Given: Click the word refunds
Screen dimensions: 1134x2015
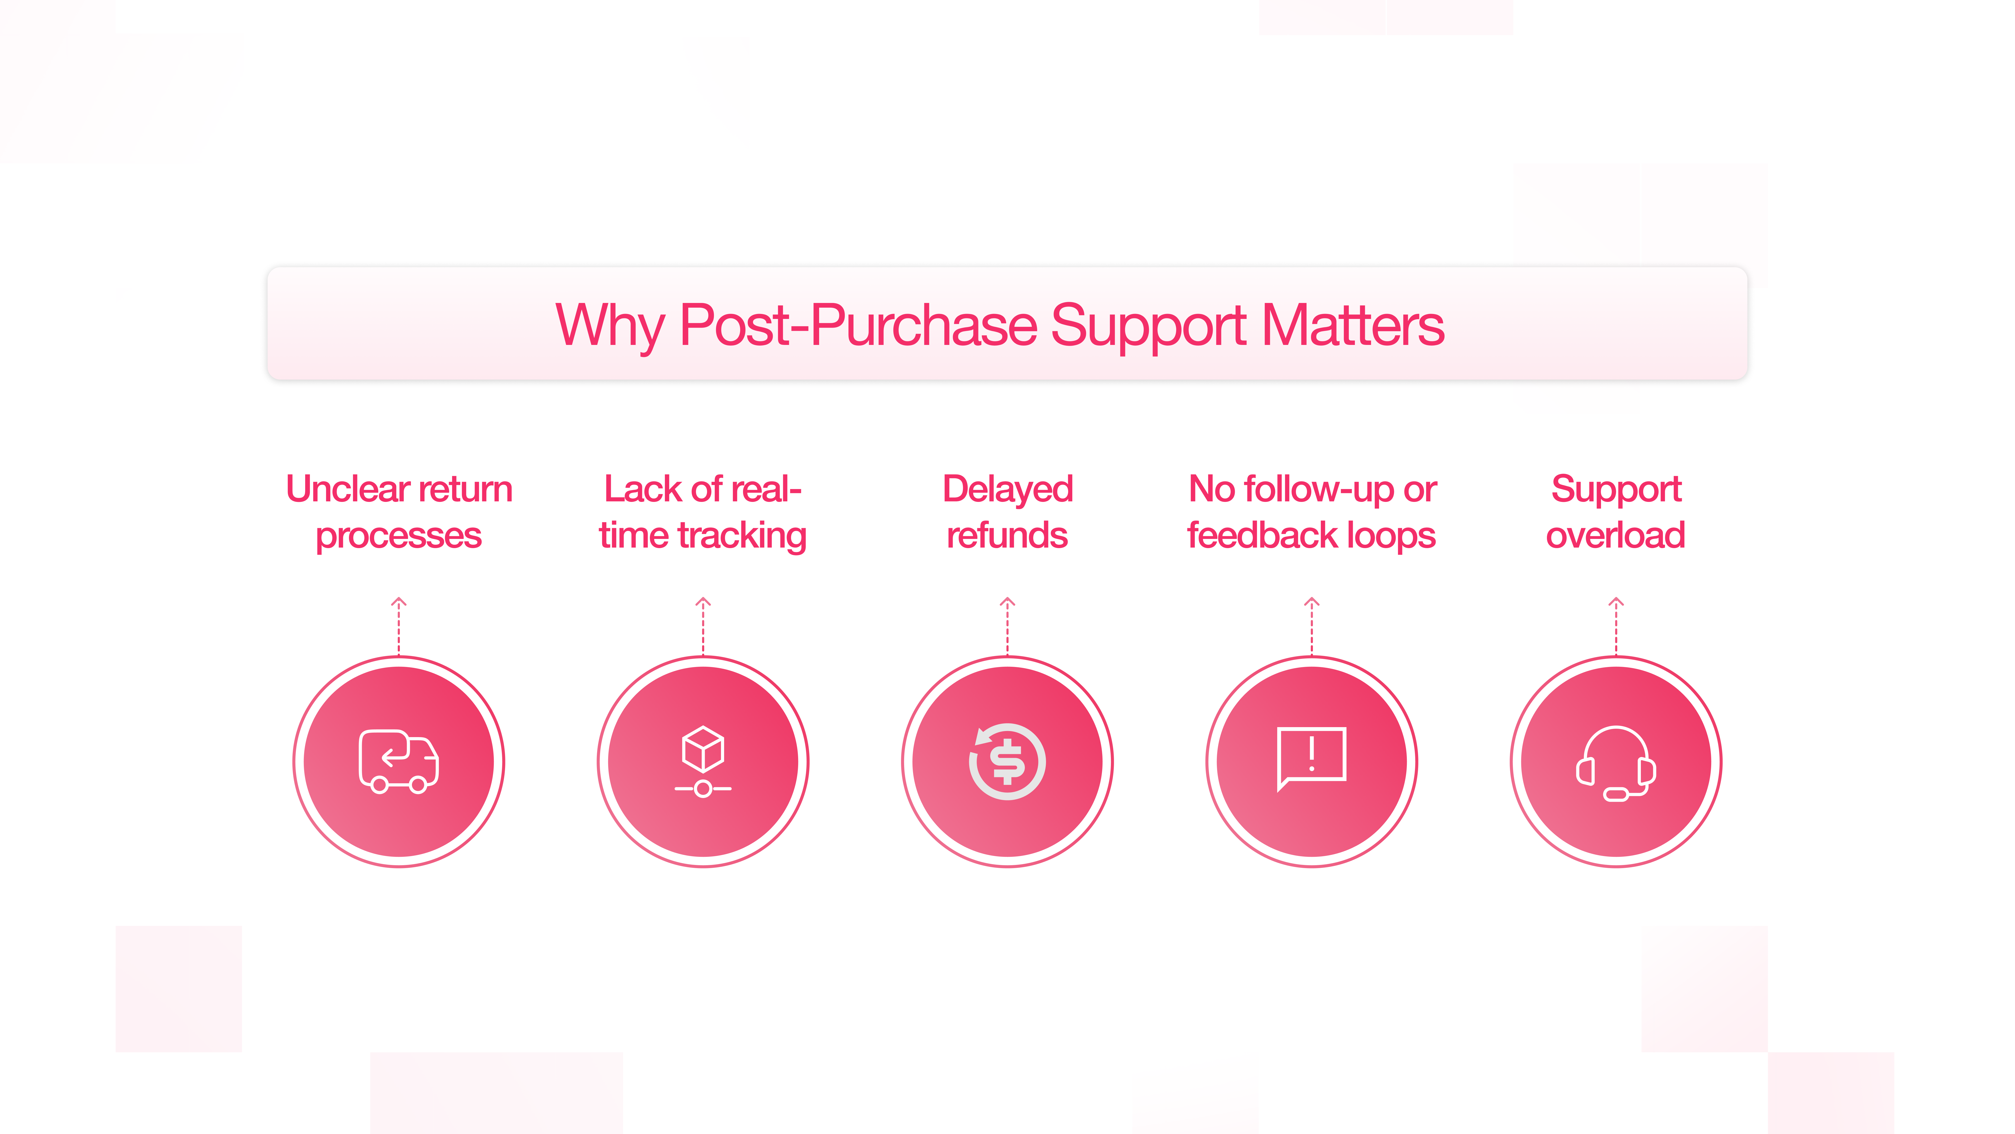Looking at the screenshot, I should pyautogui.click(x=1008, y=536).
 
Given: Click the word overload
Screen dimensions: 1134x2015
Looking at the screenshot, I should pyautogui.click(x=1616, y=536).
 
